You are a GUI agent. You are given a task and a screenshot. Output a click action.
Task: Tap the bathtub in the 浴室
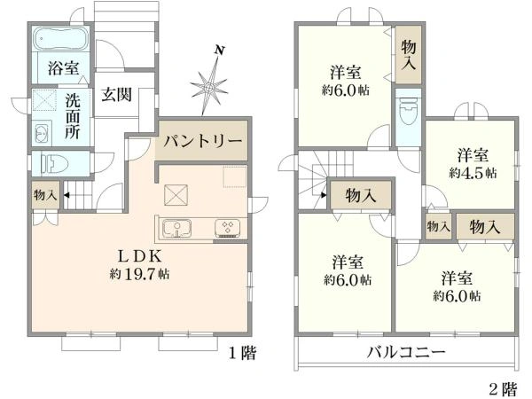point(58,40)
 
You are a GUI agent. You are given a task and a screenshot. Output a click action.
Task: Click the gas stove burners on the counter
point(227,229)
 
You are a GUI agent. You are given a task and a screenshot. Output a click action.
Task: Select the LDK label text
point(140,254)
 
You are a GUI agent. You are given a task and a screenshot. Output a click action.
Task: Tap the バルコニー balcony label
point(407,352)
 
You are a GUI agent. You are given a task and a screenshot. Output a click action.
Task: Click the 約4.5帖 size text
point(473,171)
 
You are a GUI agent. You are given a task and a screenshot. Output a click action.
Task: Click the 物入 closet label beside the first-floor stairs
point(43,194)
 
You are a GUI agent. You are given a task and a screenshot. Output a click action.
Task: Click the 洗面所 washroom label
point(73,114)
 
